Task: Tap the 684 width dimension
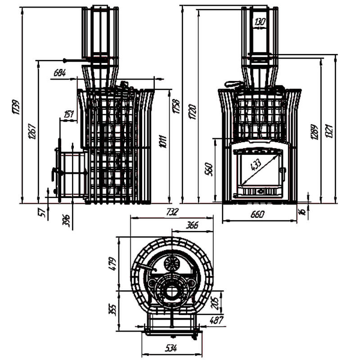60,73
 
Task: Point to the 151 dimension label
69,114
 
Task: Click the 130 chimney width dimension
260,21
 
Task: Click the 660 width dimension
256,215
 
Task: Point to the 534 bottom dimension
171,348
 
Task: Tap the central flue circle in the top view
171,290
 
